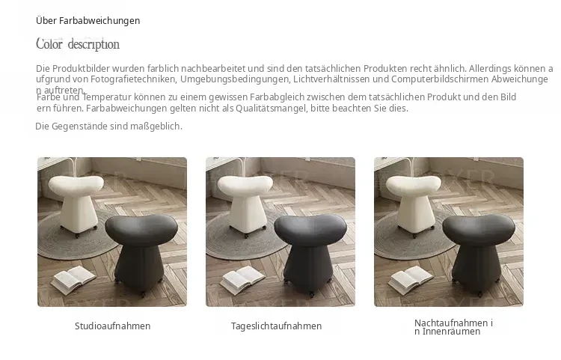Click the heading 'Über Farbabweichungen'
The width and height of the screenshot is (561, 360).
88,21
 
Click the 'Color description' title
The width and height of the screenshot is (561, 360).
78,44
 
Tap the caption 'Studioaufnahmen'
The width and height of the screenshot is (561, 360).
112,326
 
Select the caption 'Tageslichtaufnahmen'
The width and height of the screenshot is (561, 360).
276,326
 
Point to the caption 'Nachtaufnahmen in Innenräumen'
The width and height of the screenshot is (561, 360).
453,327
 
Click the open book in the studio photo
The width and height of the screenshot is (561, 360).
73,279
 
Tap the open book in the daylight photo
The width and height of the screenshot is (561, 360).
242,279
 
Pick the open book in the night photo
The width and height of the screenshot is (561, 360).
411,279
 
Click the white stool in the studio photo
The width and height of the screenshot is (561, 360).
76,202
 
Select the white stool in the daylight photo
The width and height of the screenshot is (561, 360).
245,202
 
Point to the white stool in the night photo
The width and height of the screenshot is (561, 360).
414,202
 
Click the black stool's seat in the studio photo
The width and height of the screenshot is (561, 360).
141,229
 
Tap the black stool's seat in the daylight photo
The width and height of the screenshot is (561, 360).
310,229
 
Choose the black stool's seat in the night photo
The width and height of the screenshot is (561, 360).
479,229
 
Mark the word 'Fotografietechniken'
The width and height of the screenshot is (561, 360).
133,79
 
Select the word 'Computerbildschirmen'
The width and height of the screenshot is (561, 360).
440,79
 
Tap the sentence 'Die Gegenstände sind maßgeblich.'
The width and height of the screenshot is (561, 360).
108,126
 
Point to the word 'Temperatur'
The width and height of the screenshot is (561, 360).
107,97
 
